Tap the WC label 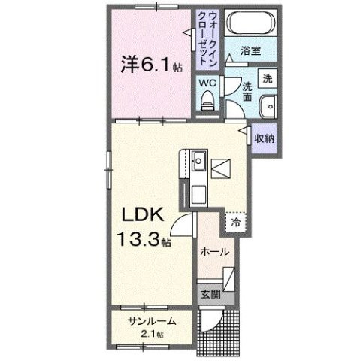tap(207, 83)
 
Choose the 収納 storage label tap(263, 138)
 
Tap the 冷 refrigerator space tap(235, 222)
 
